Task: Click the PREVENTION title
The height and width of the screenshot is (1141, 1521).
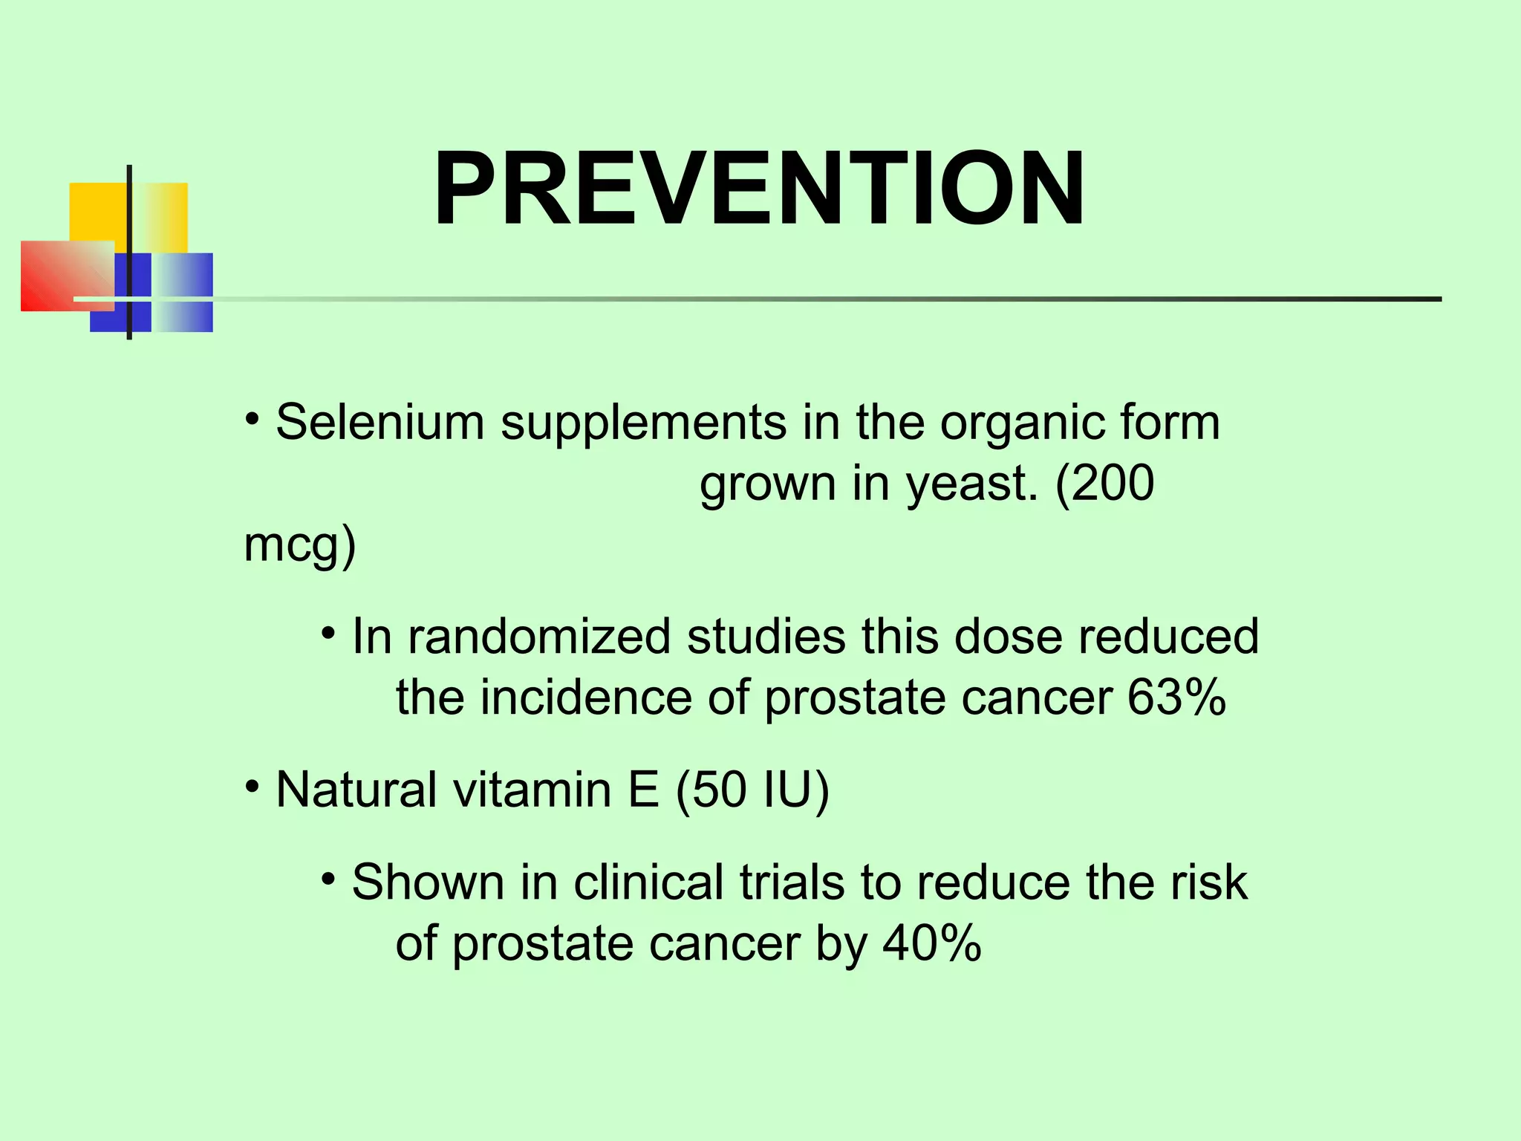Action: (x=759, y=189)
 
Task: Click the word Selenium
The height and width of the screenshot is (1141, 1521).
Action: (x=380, y=423)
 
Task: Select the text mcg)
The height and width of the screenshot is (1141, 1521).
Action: (x=300, y=545)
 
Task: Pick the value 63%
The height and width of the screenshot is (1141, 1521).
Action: (x=1176, y=698)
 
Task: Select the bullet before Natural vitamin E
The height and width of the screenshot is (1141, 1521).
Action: (x=253, y=786)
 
